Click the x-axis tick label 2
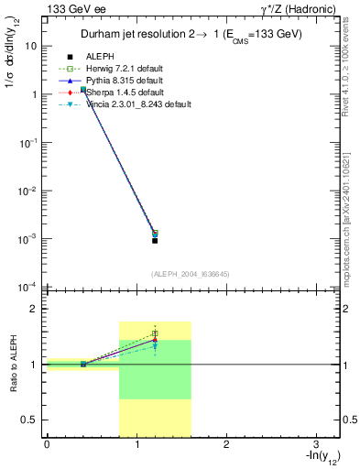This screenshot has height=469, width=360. click(x=225, y=444)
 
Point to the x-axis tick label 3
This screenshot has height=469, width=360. click(x=315, y=444)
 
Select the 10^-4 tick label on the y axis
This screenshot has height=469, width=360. click(x=27, y=287)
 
